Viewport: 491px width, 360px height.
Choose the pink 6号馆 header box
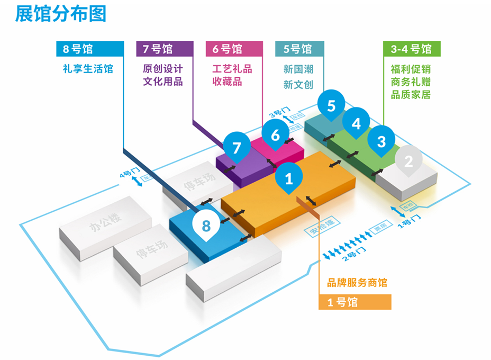tap(234, 49)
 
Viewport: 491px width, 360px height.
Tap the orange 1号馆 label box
tap(355, 302)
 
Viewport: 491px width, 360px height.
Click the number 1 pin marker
tap(289, 178)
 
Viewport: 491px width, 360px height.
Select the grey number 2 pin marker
tap(408, 161)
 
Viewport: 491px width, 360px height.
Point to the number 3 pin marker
tap(381, 141)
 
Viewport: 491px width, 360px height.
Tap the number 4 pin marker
tap(356, 123)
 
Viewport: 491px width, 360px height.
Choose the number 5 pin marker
tap(331, 105)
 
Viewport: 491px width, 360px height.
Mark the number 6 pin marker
tap(275, 135)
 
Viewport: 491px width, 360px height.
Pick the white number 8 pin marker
tap(206, 226)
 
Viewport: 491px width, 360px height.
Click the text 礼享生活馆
tap(88, 69)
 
